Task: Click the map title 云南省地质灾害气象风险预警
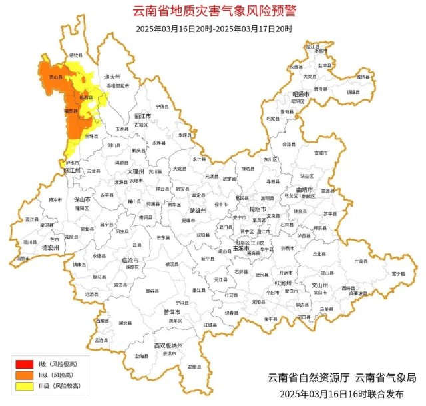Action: click(213, 11)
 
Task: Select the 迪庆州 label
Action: click(110, 77)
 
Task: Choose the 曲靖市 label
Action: click(306, 189)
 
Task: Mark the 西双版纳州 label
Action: click(168, 346)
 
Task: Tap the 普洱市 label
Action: click(172, 312)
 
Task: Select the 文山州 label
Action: click(321, 284)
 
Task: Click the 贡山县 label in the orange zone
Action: click(48, 78)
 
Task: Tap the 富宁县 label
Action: click(398, 274)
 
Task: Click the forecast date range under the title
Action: click(213, 29)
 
